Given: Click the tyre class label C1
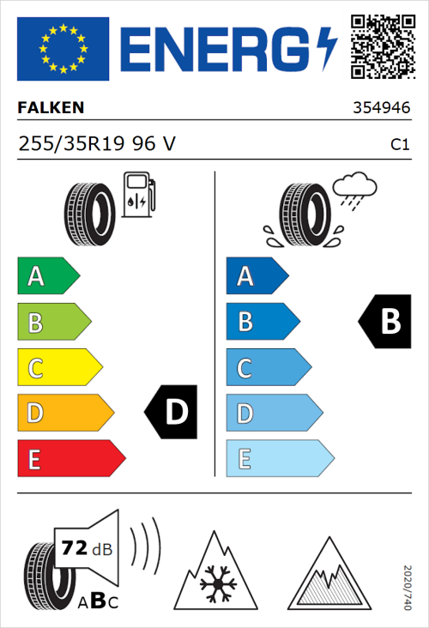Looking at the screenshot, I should [x=399, y=145].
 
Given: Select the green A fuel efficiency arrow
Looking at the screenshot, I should [x=47, y=276].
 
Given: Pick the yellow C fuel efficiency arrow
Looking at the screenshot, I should [x=58, y=368].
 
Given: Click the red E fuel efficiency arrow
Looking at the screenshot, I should [x=70, y=459].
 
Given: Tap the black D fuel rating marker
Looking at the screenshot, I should [x=172, y=413].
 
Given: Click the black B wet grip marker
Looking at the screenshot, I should [x=385, y=322].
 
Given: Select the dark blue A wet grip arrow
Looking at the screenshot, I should [x=257, y=276].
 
